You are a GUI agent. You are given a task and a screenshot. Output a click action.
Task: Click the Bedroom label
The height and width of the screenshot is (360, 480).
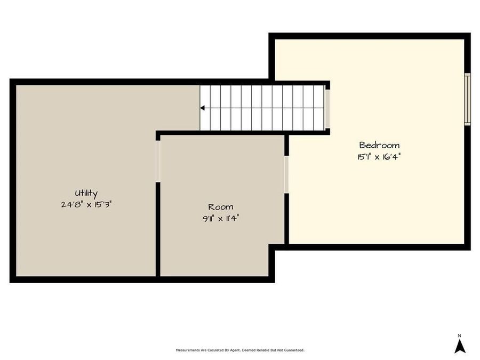click(x=379, y=145)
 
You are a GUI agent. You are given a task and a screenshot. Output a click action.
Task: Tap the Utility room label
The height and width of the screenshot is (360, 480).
click(x=86, y=194)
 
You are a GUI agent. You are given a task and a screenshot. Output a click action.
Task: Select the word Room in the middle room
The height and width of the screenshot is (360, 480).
click(x=220, y=207)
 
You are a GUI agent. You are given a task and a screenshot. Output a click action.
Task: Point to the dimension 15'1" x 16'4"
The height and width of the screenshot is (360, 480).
click(x=379, y=157)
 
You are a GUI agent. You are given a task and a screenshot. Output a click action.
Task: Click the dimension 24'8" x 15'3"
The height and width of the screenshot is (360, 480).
click(x=86, y=204)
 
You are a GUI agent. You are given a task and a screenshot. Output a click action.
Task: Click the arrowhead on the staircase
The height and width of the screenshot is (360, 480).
click(x=203, y=108)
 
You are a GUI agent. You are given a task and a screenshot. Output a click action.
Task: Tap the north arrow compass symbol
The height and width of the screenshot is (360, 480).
click(x=460, y=347)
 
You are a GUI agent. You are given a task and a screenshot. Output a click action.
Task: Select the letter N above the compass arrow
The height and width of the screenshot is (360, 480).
click(x=459, y=335)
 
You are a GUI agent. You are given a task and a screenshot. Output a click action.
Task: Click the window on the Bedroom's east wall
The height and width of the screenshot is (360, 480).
click(x=467, y=99)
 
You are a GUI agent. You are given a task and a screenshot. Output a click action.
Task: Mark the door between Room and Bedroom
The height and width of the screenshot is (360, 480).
click(x=286, y=174)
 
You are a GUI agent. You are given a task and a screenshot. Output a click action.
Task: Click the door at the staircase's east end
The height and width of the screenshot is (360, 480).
click(x=327, y=109)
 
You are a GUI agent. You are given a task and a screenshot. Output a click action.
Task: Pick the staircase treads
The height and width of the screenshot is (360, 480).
click(x=264, y=108)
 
